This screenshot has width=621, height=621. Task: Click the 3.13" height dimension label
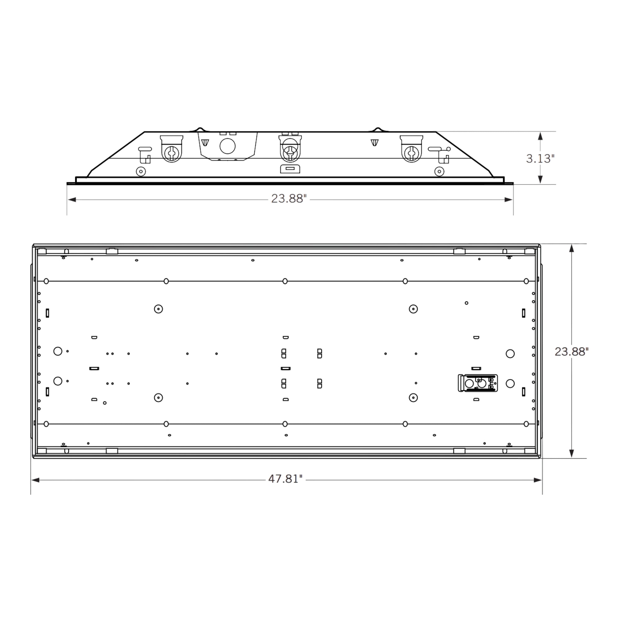(x=540, y=158)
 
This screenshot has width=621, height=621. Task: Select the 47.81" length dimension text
(x=285, y=479)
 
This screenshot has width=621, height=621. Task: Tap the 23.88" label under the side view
(x=289, y=199)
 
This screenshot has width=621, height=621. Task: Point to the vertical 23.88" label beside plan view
(x=572, y=352)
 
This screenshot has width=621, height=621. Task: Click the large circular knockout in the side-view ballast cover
(x=228, y=146)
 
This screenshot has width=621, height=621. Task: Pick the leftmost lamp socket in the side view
(x=172, y=153)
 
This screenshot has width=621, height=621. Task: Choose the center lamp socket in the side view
(x=290, y=152)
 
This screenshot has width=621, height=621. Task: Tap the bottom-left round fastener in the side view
(x=141, y=172)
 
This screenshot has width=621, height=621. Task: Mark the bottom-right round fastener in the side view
(x=439, y=172)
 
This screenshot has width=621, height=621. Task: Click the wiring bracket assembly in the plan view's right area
(x=478, y=383)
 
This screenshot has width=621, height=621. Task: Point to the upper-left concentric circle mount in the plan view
(x=158, y=309)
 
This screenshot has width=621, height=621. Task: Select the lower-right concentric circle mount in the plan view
(x=413, y=398)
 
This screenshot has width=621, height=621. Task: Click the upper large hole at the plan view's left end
(x=58, y=351)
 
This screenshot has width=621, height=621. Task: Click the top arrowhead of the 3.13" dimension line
(x=540, y=136)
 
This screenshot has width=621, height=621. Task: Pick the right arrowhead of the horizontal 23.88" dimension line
(x=509, y=200)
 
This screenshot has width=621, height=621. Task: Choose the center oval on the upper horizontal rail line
(x=285, y=282)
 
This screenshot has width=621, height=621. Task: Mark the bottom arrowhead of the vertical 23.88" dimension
(x=572, y=453)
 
